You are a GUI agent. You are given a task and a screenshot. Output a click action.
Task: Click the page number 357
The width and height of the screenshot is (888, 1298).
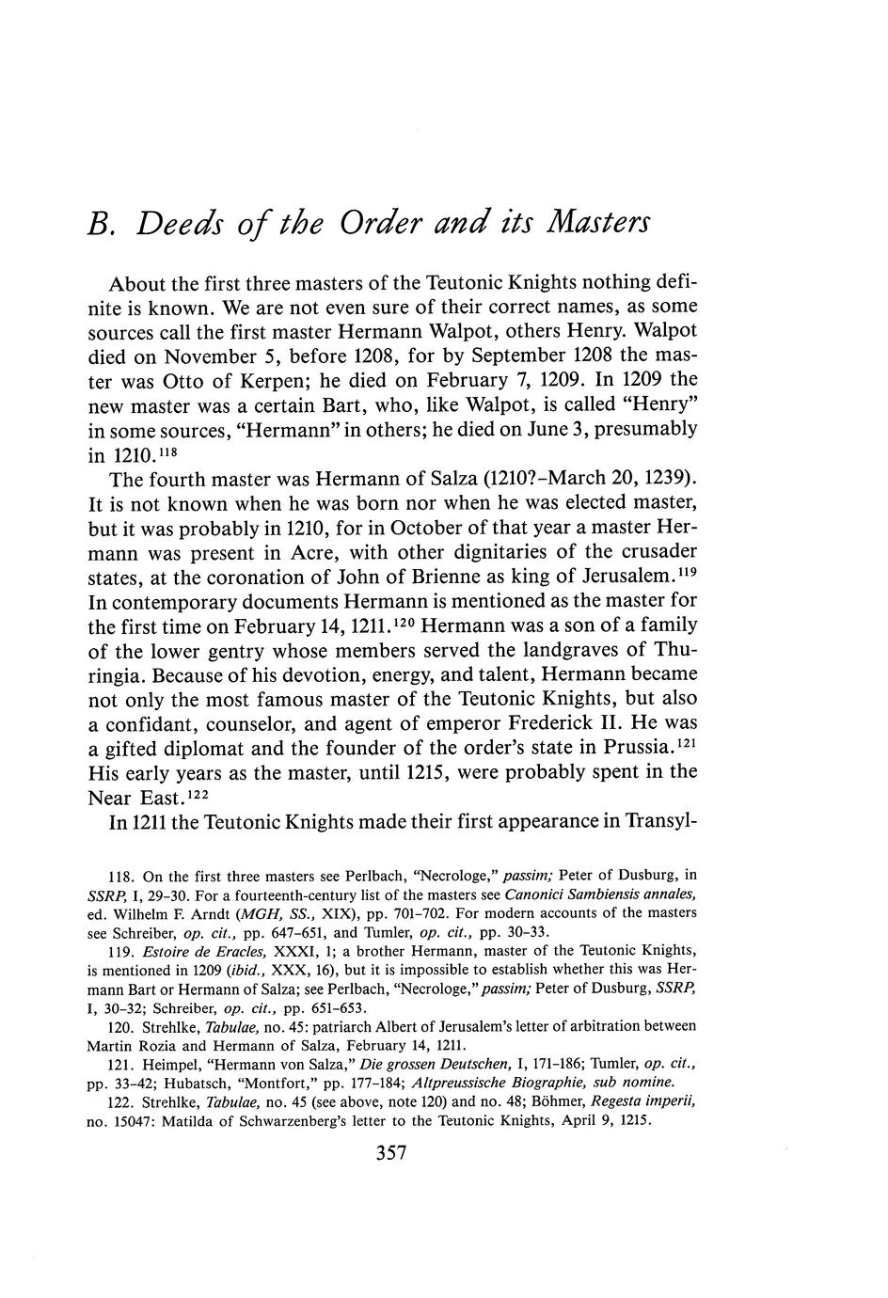tap(390, 1154)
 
